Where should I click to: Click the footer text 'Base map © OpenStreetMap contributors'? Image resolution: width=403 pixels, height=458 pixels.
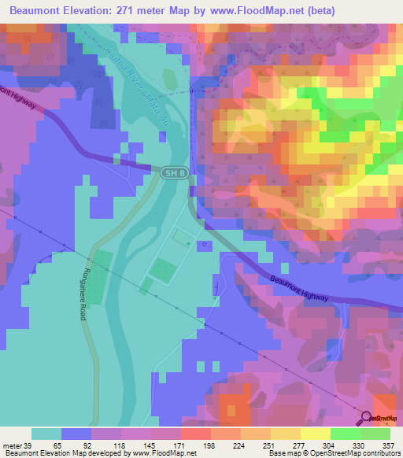pyautogui.click(x=333, y=453)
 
